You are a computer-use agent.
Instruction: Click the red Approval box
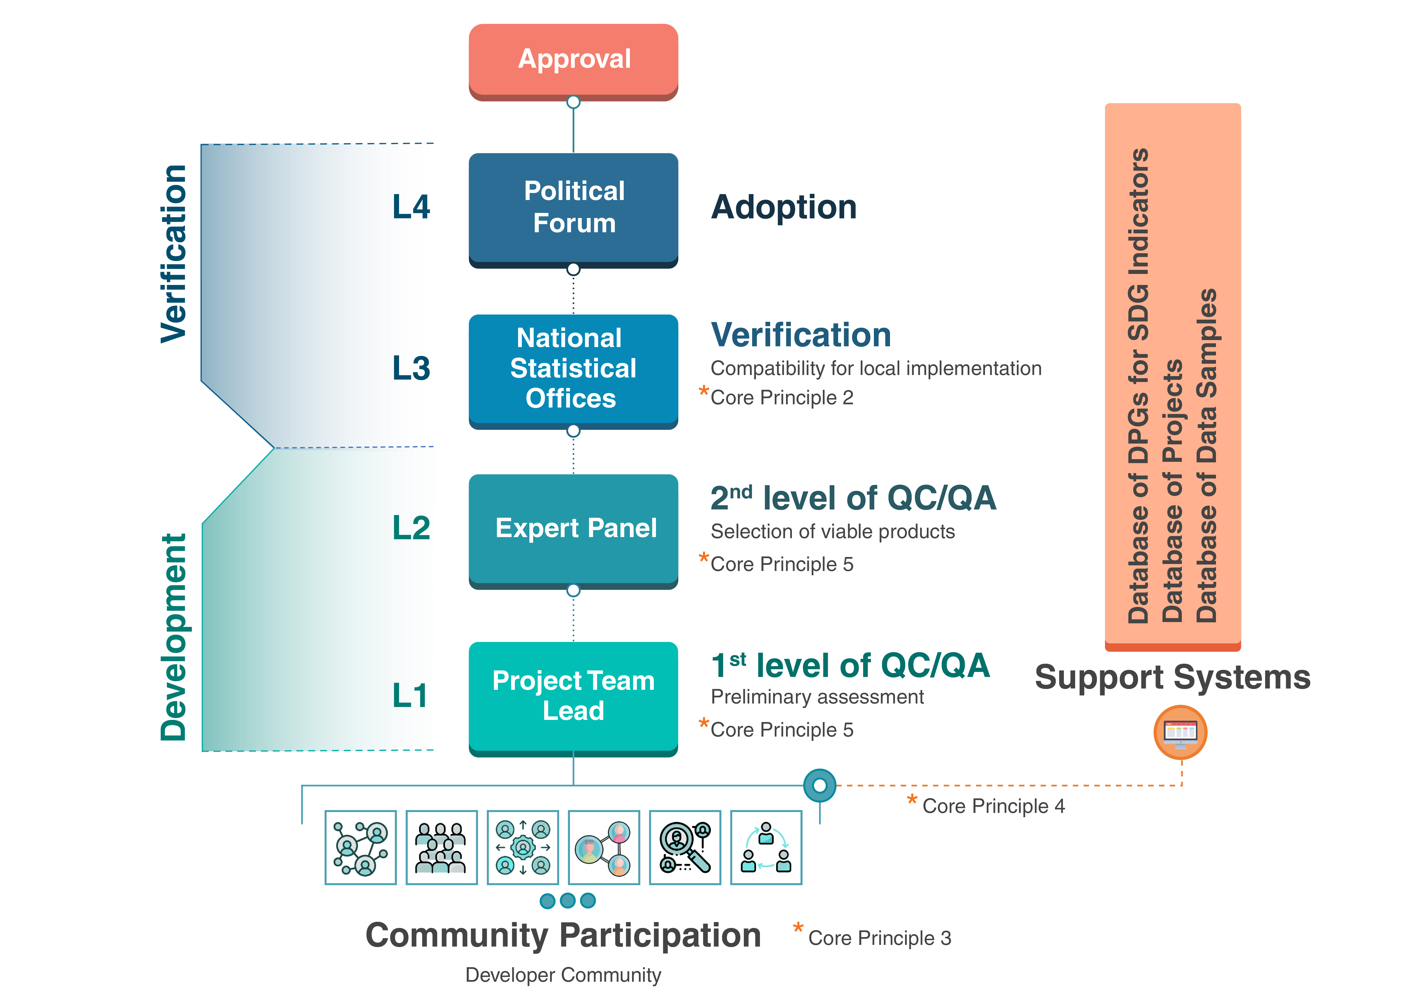click(573, 60)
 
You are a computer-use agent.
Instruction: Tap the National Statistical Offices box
click(573, 369)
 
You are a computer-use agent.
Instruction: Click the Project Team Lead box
click(573, 696)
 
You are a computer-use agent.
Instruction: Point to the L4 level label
click(411, 207)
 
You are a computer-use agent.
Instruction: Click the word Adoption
click(783, 207)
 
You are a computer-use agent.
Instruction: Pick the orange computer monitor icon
click(1180, 733)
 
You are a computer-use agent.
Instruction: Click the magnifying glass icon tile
click(685, 848)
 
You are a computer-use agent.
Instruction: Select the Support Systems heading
click(1173, 677)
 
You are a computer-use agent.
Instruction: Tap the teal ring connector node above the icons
click(820, 785)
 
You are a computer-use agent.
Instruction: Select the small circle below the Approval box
click(573, 102)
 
